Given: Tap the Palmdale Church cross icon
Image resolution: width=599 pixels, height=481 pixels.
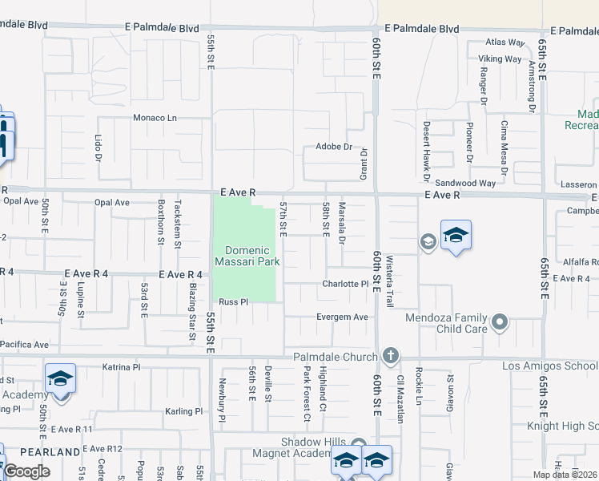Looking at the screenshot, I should click(390, 355).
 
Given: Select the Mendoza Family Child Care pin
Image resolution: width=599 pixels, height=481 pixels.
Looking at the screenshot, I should click(501, 323).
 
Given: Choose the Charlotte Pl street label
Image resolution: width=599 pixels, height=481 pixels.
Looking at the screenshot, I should click(344, 284).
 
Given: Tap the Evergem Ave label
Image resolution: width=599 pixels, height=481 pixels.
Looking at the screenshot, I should click(343, 317).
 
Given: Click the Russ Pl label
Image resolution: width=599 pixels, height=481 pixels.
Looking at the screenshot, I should click(235, 302).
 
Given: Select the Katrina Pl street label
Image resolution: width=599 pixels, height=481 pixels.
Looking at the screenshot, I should click(122, 367).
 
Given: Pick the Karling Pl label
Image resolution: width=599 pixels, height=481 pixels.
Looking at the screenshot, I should click(184, 411).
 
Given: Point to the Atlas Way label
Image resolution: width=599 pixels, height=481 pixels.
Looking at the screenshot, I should click(505, 42).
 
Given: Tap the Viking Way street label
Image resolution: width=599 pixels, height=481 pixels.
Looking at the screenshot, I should click(501, 59).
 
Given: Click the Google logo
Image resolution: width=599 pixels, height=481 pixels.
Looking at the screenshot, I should click(26, 471).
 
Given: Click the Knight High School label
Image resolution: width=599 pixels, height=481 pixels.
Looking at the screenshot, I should click(562, 426).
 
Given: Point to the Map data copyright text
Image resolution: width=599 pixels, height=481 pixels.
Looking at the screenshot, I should click(565, 475).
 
